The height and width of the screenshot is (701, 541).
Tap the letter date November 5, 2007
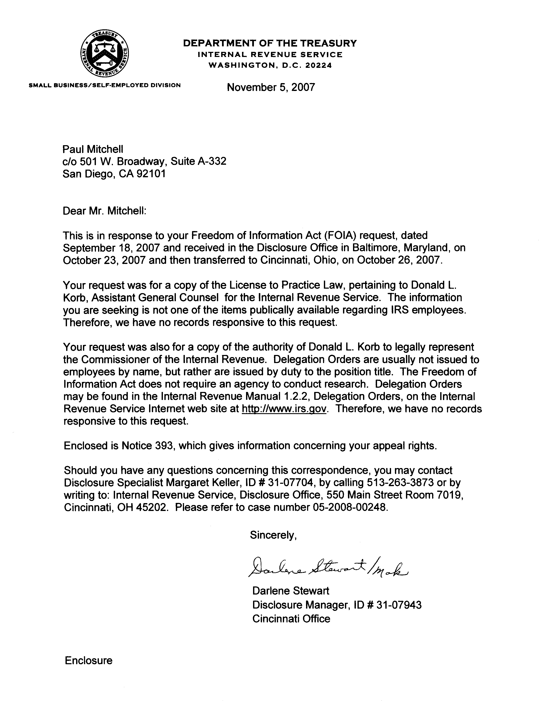click(271, 87)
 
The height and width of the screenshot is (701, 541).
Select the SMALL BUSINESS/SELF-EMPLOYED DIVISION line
click(105, 85)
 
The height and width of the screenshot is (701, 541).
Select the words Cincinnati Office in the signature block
click(291, 619)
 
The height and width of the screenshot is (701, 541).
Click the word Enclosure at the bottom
click(89, 661)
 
